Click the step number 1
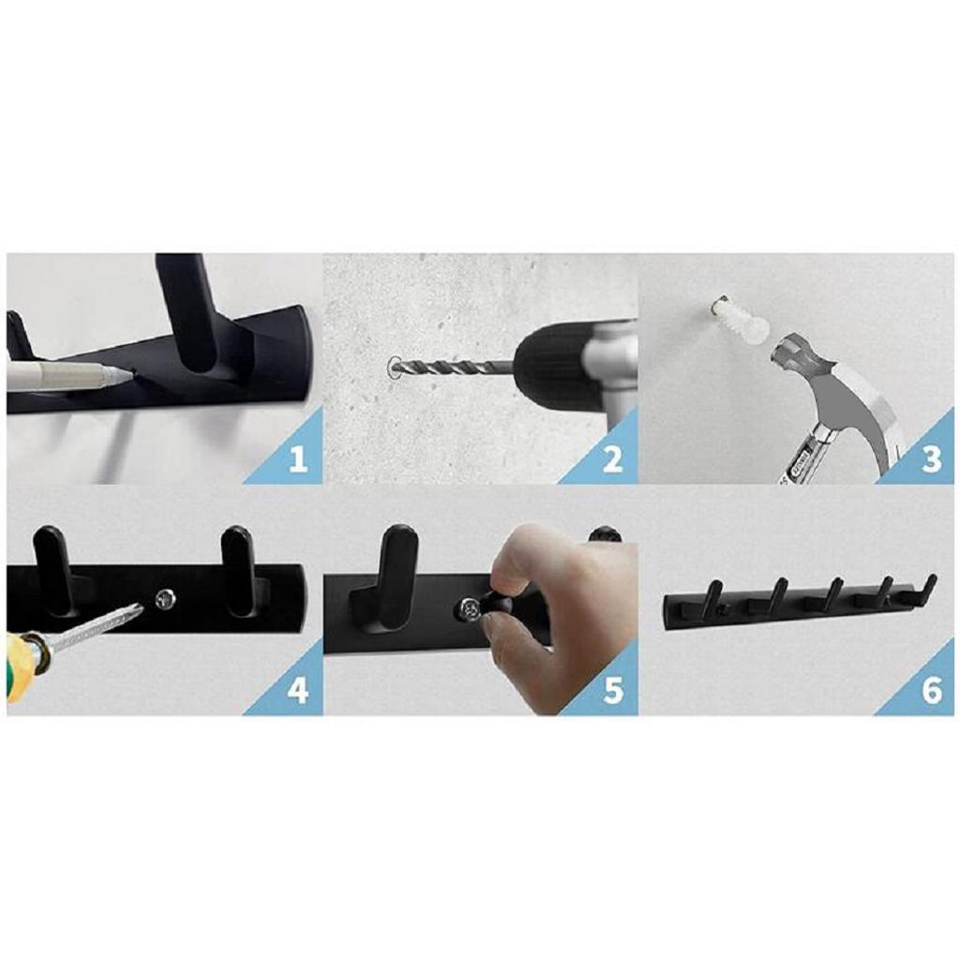click(298, 460)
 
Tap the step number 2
click(612, 460)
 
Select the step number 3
click(930, 460)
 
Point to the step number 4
click(298, 691)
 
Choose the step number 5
click(612, 691)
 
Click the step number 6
click(930, 691)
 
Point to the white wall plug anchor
click(741, 319)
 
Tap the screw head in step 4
click(165, 597)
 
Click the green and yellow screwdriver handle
click(21, 661)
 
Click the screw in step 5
click(468, 610)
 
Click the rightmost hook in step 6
click(927, 589)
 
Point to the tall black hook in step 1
click(187, 309)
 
